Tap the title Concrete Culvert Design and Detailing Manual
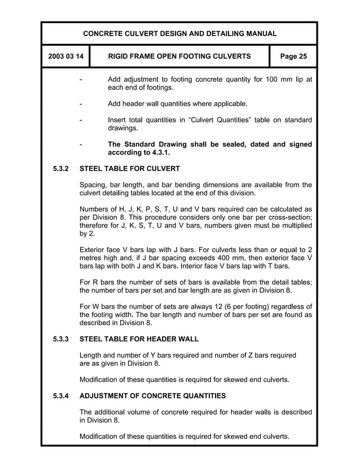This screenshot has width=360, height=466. point(180,34)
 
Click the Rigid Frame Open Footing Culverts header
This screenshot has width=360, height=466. point(179,56)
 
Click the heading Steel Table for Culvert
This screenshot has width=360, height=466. point(130,169)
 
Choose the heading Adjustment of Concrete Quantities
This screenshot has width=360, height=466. point(153,395)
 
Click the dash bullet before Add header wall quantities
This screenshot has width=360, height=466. point(82,104)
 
